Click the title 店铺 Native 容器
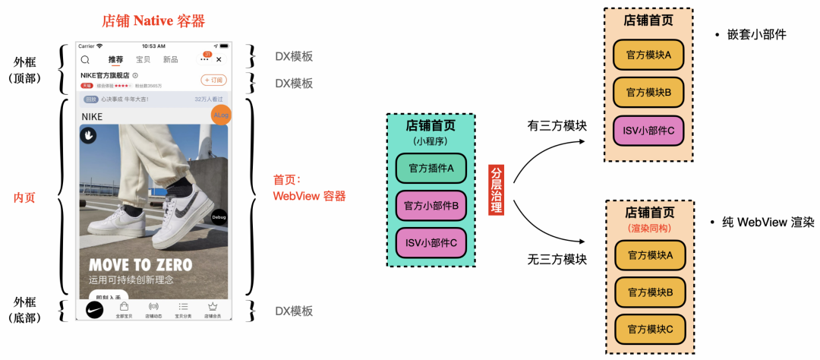[153, 21]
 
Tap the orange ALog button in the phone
[221, 115]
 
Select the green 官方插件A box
[430, 168]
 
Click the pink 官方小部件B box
[430, 205]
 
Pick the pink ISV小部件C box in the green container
[430, 242]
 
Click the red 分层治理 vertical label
[496, 189]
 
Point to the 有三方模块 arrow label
[557, 125]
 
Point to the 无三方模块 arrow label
[557, 259]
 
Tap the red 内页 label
[24, 197]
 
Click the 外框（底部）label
[29, 311]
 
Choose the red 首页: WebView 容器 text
[309, 188]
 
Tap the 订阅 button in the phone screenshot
[213, 81]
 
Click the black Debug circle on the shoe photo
[219, 216]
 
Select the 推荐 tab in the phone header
[115, 59]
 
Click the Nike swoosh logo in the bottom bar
[94, 310]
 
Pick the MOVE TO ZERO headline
[140, 265]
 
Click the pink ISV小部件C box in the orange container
[648, 131]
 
